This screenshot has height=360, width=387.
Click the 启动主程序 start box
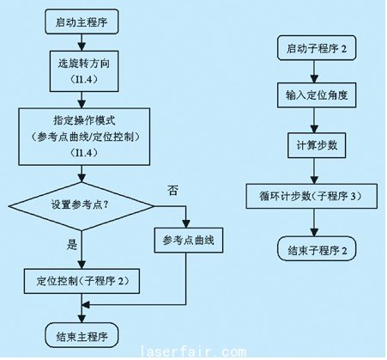click(x=82, y=21)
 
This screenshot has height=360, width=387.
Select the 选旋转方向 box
click(x=84, y=71)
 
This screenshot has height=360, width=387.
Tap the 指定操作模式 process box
click(x=84, y=137)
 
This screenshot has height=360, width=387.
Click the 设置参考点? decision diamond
click(x=82, y=206)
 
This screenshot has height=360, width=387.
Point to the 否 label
click(x=172, y=191)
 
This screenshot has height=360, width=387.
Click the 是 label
click(x=72, y=244)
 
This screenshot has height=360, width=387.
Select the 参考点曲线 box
click(x=189, y=240)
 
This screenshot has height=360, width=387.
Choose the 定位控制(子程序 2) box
click(x=82, y=281)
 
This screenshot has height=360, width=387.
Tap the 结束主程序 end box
click(x=82, y=336)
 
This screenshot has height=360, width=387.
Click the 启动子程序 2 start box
click(x=317, y=48)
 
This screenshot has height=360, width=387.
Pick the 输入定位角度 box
click(x=317, y=95)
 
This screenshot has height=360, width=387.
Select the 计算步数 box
click(x=317, y=145)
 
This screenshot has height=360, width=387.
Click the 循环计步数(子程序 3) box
click(x=311, y=196)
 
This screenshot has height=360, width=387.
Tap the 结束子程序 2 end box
click(x=317, y=248)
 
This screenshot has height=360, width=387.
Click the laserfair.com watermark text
click(x=193, y=351)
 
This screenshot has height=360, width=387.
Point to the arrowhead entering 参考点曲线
click(x=186, y=223)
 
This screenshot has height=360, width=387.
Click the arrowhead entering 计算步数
click(x=314, y=129)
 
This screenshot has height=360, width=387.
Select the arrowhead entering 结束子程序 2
click(x=314, y=232)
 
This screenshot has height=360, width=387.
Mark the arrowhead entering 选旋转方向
click(x=82, y=46)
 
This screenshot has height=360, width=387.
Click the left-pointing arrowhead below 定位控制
click(x=86, y=305)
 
